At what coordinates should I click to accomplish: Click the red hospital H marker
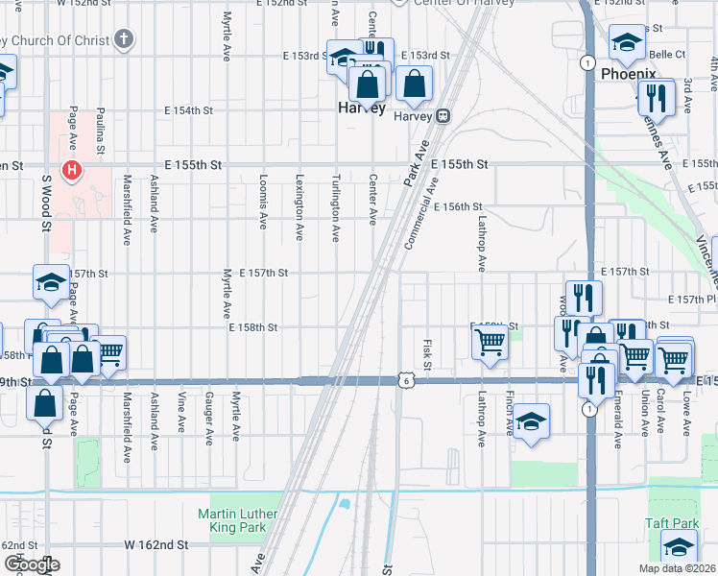point(71,172)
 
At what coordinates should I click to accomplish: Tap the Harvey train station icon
point(443,116)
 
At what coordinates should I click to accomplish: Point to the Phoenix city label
point(628,74)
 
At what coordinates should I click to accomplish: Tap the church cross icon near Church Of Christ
point(122,39)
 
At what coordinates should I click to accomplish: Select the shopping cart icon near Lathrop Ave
point(491,340)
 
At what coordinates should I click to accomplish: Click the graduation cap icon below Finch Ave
point(530,421)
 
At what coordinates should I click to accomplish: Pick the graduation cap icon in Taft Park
point(679,546)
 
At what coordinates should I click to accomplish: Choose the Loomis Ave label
point(262,203)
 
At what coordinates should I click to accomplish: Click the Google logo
point(31,564)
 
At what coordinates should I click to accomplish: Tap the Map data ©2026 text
point(676,567)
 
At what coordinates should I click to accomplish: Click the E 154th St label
point(187,110)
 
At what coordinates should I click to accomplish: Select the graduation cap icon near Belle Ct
point(627,41)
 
